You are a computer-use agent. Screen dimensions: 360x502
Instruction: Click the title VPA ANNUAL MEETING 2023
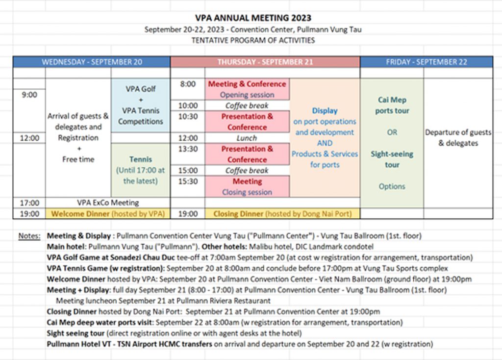tap(253, 19)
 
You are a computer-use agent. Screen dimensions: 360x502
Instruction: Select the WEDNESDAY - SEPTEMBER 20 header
tap(92, 62)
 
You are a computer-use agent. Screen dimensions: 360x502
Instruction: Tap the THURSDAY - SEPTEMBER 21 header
tap(265, 62)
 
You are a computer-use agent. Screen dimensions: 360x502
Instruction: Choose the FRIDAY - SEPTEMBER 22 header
tap(426, 62)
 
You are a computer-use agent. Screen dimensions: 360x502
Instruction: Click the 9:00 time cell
tap(29, 95)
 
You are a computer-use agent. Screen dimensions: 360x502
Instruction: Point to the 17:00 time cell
tap(29, 203)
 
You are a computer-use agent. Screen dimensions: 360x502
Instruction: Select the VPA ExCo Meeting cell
tap(108, 203)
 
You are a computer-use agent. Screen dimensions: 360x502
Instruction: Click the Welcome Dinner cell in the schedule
tap(108, 214)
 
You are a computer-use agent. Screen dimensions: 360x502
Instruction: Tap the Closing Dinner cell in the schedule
tap(282, 214)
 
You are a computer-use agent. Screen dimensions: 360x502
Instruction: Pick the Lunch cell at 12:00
tap(247, 138)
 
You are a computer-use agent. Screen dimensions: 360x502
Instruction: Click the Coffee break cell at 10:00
tap(247, 105)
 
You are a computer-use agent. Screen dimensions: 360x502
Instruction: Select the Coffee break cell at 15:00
tap(247, 171)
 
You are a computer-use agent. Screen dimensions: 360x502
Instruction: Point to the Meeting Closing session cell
tap(247, 187)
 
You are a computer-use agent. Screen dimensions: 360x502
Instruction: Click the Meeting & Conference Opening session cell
tap(247, 89)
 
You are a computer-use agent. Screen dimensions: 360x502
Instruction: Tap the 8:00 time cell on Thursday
tap(188, 84)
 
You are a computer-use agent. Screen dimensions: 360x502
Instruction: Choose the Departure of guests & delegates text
tap(458, 138)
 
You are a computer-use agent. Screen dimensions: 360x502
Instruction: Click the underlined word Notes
tap(29, 236)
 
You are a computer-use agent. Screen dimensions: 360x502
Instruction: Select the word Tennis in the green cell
tap(141, 159)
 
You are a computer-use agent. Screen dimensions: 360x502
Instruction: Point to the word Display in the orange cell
tap(325, 111)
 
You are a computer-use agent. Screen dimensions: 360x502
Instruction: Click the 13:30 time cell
tap(188, 149)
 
